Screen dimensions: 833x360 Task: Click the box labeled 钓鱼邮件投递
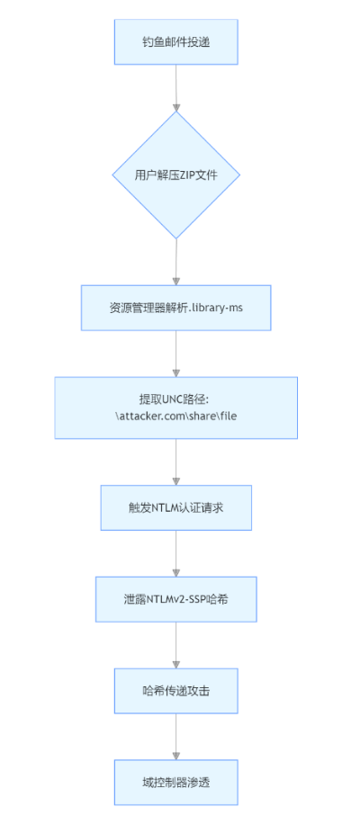coord(175,41)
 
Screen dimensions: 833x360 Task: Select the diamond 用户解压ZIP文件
coord(175,175)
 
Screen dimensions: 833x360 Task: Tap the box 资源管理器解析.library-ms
coord(175,309)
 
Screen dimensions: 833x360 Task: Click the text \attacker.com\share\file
coord(175,416)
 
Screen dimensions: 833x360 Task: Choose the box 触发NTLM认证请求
coord(175,507)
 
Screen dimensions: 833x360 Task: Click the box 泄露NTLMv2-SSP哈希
coord(175,599)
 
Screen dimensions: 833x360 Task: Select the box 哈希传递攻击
coord(175,690)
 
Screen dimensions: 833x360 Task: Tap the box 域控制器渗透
coord(175,782)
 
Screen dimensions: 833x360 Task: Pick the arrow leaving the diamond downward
coord(175,263)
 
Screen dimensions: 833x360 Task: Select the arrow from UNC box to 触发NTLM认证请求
coord(175,462)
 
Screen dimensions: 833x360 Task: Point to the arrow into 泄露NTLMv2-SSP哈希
coord(175,554)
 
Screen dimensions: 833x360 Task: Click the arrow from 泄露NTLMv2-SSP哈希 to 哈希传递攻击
coord(175,645)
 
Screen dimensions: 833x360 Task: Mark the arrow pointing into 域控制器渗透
coord(175,737)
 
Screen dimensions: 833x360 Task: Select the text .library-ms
coord(213,309)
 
